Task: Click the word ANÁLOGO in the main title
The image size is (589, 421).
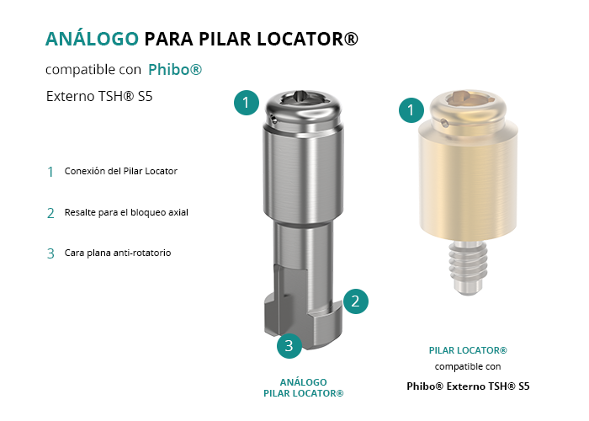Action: point(92,39)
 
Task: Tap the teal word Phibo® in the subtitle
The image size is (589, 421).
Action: point(175,70)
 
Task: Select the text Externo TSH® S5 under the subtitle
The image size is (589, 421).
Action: point(99,96)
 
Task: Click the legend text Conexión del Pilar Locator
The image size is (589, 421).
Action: point(121,171)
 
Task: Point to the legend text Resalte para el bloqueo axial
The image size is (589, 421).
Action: point(126,212)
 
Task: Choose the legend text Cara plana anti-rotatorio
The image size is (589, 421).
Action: point(118,253)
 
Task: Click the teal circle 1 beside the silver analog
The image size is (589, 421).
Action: point(246,103)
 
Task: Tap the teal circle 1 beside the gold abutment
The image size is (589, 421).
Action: point(411,110)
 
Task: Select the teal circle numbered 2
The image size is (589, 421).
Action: point(355,301)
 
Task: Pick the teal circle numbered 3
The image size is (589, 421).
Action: point(289,346)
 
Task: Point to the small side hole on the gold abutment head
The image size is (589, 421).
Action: point(444,123)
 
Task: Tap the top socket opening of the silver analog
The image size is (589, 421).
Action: point(302,98)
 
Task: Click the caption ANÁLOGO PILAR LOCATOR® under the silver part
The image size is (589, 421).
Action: point(304,388)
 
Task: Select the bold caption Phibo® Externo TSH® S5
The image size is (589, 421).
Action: point(468,386)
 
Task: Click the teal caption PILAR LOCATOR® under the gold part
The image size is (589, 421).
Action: point(468,350)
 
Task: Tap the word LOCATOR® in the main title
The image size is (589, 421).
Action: point(307,39)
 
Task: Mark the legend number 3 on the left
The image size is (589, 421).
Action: point(50,253)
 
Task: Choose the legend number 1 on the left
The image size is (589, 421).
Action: point(50,172)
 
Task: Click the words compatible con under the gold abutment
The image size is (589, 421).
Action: point(468,366)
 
